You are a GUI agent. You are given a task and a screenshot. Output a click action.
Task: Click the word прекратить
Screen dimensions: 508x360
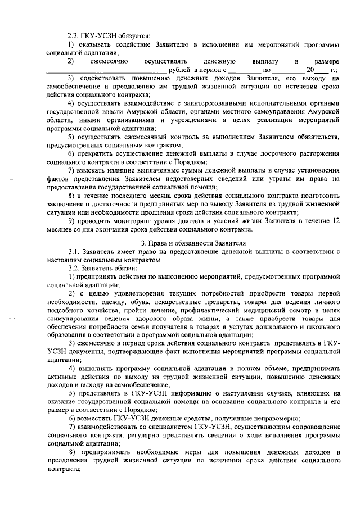(98, 153)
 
